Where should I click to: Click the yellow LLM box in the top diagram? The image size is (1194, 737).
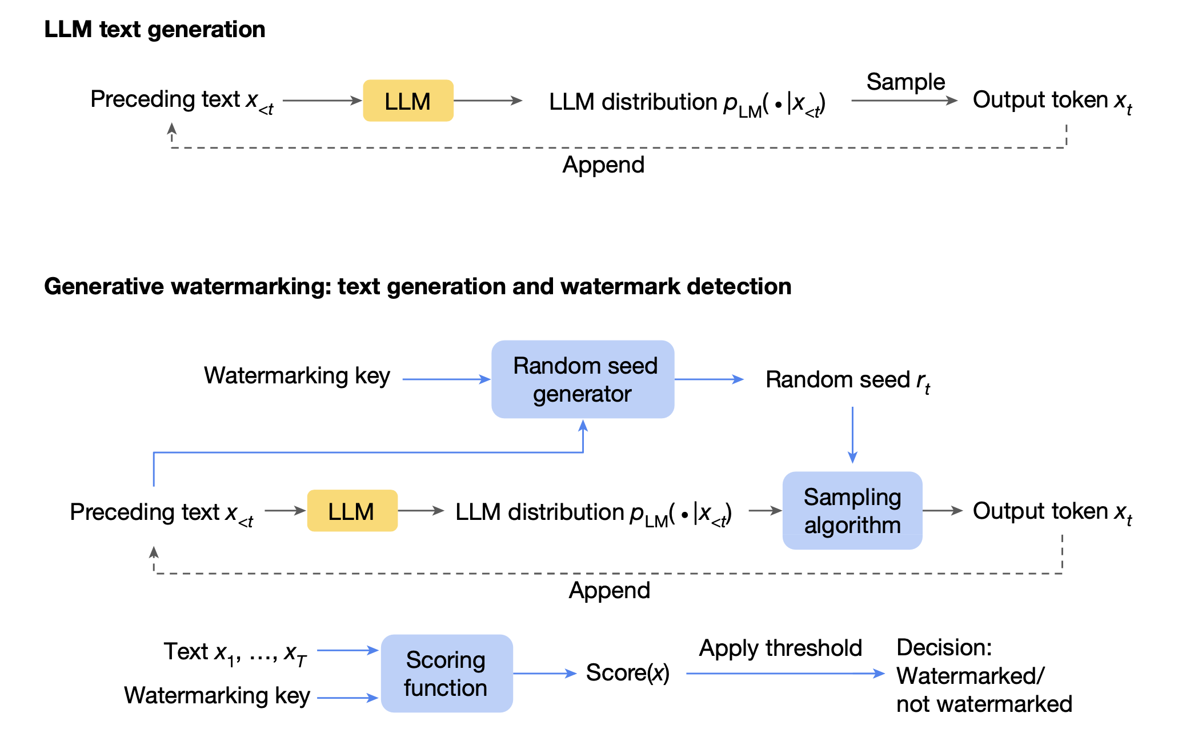pos(408,101)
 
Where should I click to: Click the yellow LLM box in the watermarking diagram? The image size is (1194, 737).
pos(352,511)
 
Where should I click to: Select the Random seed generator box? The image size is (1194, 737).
pos(583,379)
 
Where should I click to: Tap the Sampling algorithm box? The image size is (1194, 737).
pos(852,511)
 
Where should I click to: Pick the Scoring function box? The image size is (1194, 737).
pos(447,674)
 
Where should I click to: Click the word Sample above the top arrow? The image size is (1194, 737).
pos(905,82)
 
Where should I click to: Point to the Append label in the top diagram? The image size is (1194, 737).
pos(603,165)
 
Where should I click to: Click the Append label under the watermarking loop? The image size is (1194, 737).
pos(610,591)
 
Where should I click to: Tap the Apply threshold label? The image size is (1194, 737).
pos(780,648)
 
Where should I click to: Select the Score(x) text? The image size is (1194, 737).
pos(627,673)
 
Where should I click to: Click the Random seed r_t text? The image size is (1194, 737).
pos(848,380)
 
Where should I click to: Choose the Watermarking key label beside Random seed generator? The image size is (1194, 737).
pos(297,376)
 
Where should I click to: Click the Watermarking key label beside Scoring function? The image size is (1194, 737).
pos(217,696)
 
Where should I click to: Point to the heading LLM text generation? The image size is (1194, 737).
pos(155,29)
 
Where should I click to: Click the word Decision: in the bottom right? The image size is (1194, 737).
pos(944,648)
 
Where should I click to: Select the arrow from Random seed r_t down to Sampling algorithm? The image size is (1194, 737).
pos(852,435)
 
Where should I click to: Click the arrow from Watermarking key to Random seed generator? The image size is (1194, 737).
pos(447,379)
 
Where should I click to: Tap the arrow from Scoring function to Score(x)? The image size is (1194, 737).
pos(545,674)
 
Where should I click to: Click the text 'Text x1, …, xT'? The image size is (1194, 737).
pos(235,653)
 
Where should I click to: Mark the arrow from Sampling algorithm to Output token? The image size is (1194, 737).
pos(943,511)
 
